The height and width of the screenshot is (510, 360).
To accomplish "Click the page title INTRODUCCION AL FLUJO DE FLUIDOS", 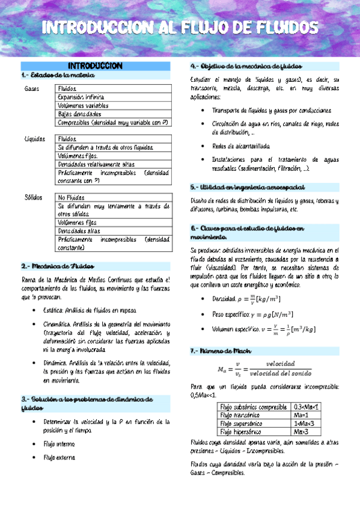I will coord(180,28).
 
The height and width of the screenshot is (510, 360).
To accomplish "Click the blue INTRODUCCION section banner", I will coord(96,66).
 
